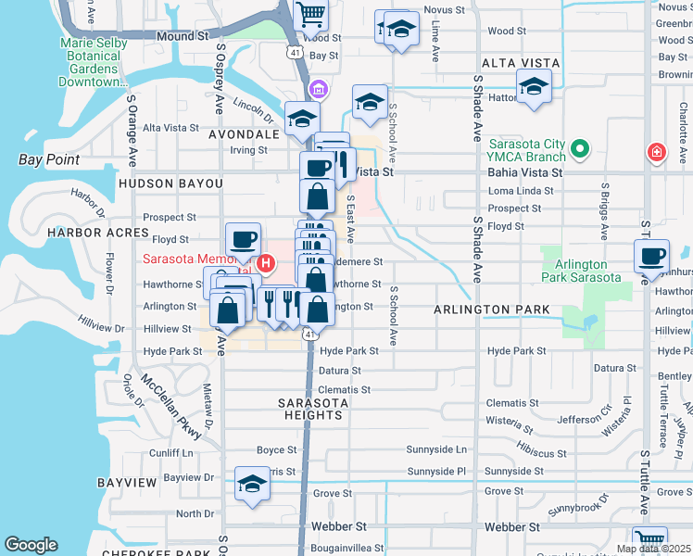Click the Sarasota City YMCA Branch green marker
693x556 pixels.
tap(581, 148)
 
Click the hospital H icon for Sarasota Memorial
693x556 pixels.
tap(266, 262)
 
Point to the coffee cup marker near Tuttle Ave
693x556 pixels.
tap(651, 257)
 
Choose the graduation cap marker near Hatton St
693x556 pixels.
tap(535, 87)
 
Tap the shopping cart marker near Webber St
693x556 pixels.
tap(650, 540)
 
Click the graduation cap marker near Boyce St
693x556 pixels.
tap(251, 485)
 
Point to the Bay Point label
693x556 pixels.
tap(49, 159)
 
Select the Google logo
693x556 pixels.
tap(31, 545)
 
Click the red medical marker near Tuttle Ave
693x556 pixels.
tap(657, 151)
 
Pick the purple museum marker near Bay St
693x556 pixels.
tap(319, 89)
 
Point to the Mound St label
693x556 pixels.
tap(182, 36)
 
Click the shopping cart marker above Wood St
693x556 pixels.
tap(311, 13)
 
